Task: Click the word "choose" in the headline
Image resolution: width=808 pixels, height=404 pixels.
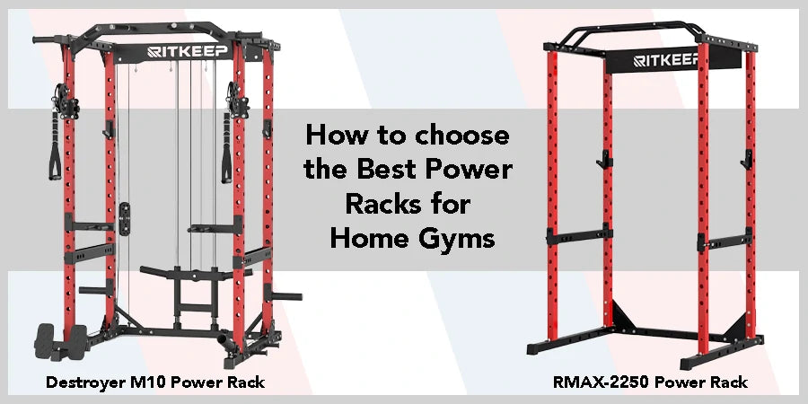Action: tap(466, 136)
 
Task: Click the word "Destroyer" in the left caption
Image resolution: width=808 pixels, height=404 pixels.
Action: tap(86, 383)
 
